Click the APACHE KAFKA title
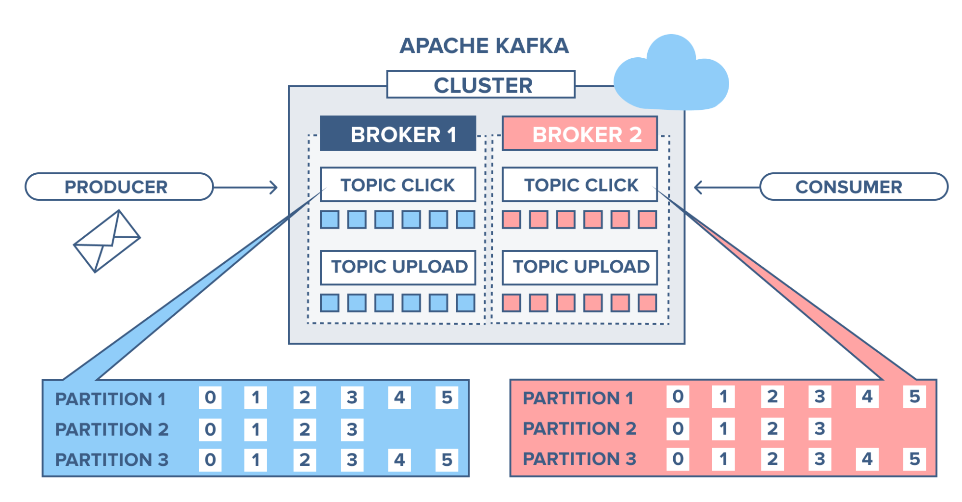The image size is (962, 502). tap(484, 46)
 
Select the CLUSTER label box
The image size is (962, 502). tap(481, 85)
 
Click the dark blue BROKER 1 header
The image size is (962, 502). tap(398, 134)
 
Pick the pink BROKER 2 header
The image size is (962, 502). tap(580, 134)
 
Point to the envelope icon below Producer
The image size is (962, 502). tap(107, 241)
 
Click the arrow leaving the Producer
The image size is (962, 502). tap(245, 187)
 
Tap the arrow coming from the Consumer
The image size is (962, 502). tap(727, 187)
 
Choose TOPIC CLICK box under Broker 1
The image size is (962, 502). tap(398, 185)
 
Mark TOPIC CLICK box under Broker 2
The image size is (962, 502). tap(580, 185)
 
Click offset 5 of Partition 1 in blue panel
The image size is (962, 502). tap(447, 398)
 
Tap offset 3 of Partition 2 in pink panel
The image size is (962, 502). tap(820, 428)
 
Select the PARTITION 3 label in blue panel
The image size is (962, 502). tap(112, 460)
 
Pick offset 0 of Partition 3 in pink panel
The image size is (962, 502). tap(678, 459)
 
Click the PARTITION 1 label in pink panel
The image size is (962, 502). tap(578, 398)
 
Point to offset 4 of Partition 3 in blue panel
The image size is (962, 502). tap(399, 460)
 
